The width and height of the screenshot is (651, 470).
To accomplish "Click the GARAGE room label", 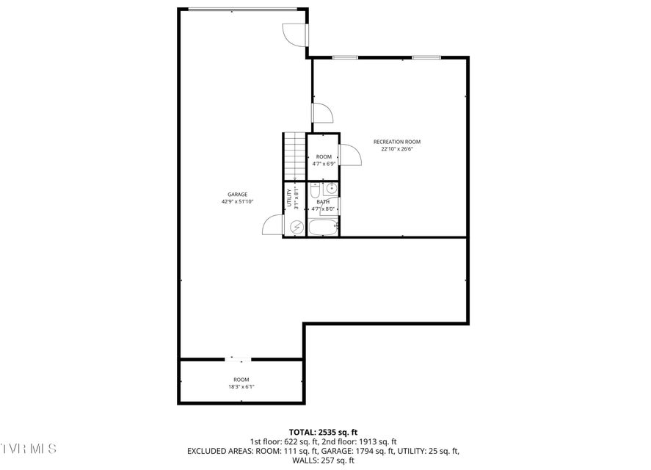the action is pos(238,195).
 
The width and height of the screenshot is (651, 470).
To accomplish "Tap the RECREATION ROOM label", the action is pos(397,142).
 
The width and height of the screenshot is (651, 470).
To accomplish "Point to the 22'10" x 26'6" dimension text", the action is pos(397,149).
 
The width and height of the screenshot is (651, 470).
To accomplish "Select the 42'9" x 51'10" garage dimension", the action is pos(238,201).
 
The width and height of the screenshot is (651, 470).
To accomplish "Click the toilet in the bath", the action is pos(315,190).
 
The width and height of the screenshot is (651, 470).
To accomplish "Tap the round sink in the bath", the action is pos(331,189).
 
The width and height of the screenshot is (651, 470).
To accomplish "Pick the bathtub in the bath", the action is pos(323,228).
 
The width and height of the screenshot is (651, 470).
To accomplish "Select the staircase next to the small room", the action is pos(295,156).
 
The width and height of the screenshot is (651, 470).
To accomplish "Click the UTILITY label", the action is pos(289,198).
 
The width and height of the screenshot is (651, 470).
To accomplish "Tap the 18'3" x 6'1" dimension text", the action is pos(241,386).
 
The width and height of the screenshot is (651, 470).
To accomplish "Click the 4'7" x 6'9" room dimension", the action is pos(324,164).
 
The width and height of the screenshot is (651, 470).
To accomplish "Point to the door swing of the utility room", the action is pos(273,225).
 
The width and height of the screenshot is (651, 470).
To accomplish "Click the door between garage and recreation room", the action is pos(323,112).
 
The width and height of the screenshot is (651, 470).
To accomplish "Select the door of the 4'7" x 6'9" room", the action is pos(350,155).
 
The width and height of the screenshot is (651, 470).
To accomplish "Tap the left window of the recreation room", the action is pos(345,57).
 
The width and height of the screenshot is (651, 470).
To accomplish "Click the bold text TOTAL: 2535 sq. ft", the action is pos(323,433).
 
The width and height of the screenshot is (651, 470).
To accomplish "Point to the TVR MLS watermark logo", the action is pos(28,449).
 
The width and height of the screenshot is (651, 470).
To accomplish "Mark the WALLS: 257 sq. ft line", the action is pos(323,460).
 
